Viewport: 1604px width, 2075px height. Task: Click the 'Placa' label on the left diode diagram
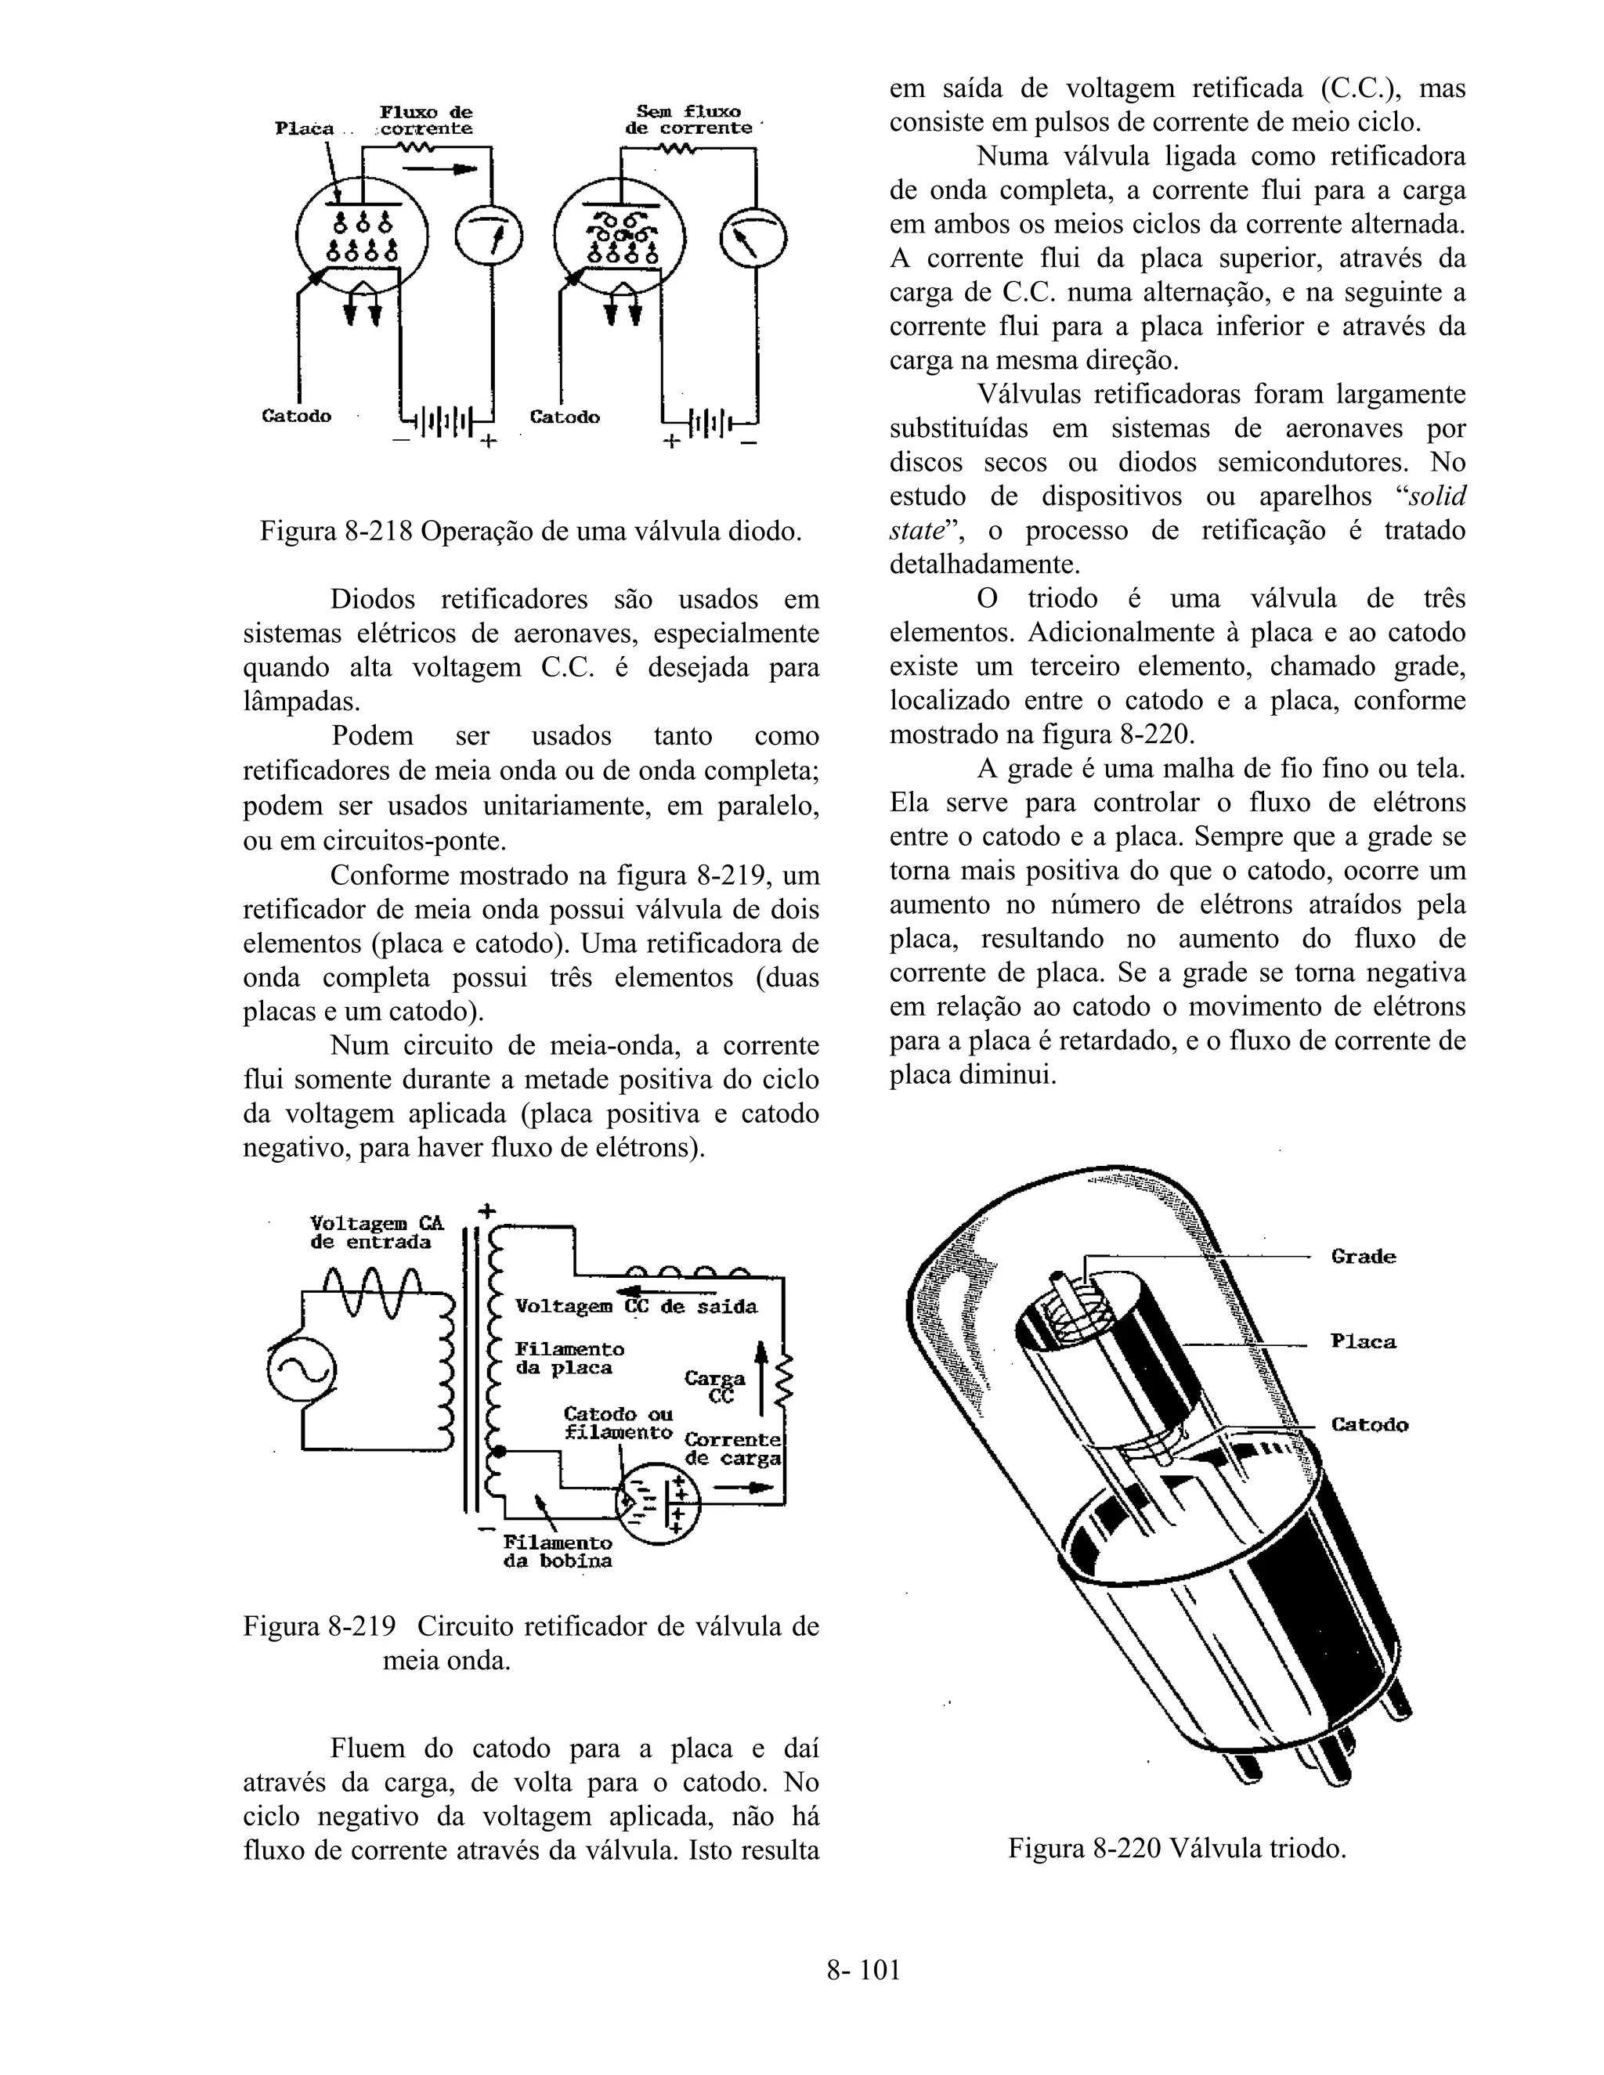304,128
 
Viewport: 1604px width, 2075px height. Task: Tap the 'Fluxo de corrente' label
426,120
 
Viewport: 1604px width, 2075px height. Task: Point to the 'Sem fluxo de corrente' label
689,120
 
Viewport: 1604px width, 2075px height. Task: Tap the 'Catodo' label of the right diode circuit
565,417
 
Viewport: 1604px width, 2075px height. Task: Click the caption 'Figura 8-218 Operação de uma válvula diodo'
530,530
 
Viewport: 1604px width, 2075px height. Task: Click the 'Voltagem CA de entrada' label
376,1232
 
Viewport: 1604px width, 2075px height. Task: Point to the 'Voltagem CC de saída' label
636,1306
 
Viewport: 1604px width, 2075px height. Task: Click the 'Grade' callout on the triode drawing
1363,1257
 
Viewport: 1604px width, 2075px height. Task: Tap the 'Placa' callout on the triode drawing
1363,1341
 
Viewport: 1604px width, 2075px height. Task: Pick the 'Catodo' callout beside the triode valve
1368,1424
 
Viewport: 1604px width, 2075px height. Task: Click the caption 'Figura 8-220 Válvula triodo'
1176,1848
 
